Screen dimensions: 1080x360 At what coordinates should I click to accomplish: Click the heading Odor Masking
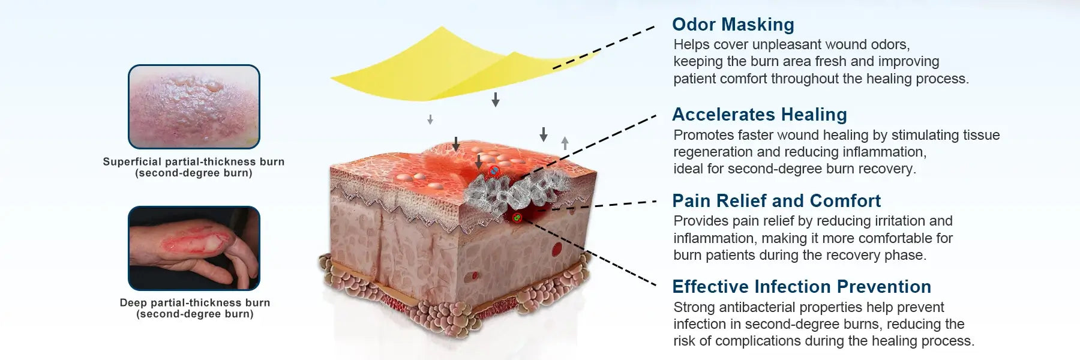pyautogui.click(x=733, y=25)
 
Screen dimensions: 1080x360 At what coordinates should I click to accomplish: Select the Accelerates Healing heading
pyautogui.click(x=760, y=115)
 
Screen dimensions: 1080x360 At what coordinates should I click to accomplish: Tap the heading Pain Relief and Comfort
pyautogui.click(x=776, y=201)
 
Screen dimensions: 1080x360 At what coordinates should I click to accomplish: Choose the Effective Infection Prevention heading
pyautogui.click(x=802, y=287)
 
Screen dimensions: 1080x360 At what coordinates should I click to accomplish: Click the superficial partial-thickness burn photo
pyautogui.click(x=194, y=107)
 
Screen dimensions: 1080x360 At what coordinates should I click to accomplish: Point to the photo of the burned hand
pyautogui.click(x=194, y=248)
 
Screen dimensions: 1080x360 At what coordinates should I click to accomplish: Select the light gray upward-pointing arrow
pyautogui.click(x=565, y=143)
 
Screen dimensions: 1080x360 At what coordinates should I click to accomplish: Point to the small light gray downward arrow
pyautogui.click(x=430, y=119)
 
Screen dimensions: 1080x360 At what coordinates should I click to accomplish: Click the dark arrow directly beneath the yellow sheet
pyautogui.click(x=496, y=100)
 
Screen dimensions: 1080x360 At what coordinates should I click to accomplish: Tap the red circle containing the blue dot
pyautogui.click(x=494, y=171)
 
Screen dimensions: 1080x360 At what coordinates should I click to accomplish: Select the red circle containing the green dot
pyautogui.click(x=517, y=217)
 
